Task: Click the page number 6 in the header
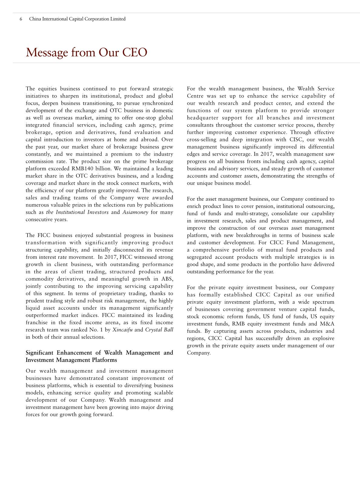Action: pos(21,19)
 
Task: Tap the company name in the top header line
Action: pos(77,19)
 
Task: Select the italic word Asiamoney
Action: pos(135,212)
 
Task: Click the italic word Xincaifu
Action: pos(123,330)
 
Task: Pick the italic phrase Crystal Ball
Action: pos(159,330)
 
